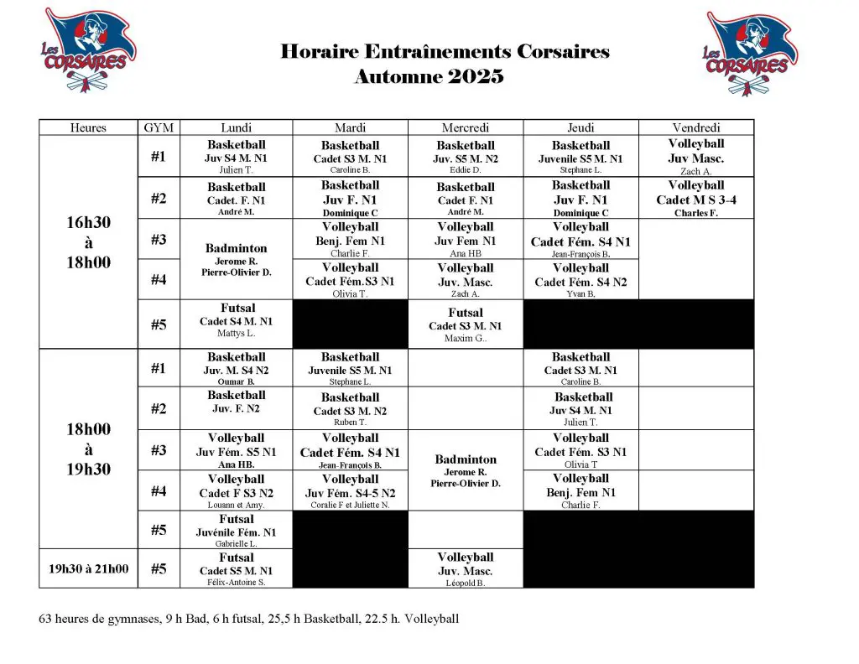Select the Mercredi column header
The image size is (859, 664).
[466, 127]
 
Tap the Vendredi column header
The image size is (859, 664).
[695, 127]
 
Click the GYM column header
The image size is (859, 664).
[159, 127]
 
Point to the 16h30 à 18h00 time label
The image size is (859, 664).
[89, 242]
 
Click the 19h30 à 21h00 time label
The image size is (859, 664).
[89, 568]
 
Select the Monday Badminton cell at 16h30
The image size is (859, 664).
[236, 260]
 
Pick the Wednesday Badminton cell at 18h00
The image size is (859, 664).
[466, 470]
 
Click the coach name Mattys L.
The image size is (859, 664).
[236, 334]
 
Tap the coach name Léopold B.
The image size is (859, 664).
[466, 583]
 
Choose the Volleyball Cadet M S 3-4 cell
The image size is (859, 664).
[695, 199]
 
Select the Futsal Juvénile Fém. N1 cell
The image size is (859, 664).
[236, 532]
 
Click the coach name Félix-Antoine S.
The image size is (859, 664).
[236, 582]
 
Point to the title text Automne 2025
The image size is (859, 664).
[429, 77]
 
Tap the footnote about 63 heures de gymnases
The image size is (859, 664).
[249, 620]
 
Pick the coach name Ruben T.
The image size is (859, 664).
[350, 423]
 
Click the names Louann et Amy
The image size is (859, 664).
[236, 505]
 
